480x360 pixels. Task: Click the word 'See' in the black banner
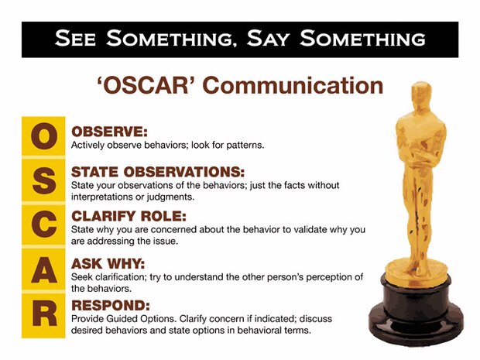click(x=77, y=38)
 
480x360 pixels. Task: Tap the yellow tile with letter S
click(x=46, y=182)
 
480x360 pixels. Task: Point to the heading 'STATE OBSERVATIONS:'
click(x=157, y=171)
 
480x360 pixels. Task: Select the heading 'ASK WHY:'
click(x=107, y=264)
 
